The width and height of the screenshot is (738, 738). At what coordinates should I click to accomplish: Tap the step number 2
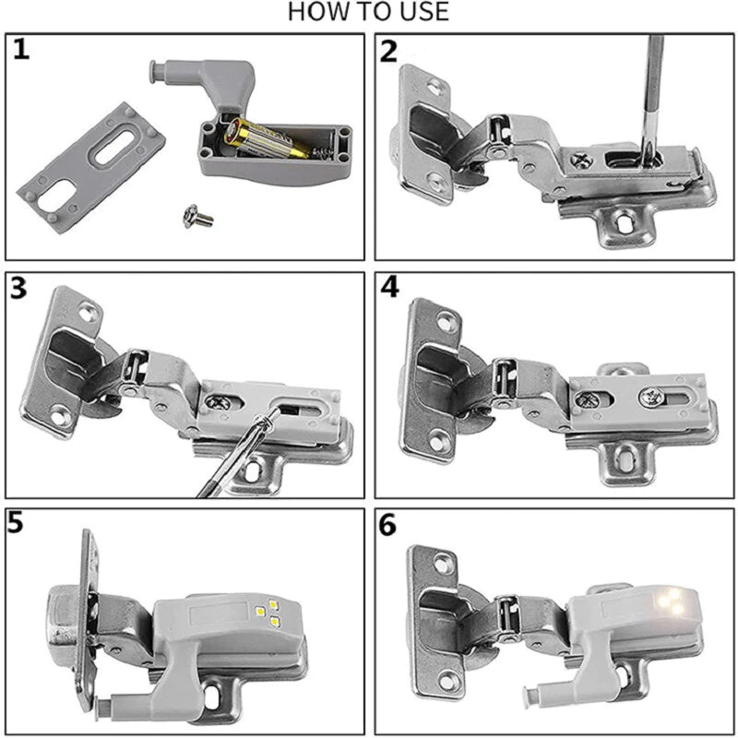(x=389, y=51)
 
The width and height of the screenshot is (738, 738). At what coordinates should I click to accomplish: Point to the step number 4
(x=389, y=288)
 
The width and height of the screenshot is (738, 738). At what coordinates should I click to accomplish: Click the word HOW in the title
(x=314, y=12)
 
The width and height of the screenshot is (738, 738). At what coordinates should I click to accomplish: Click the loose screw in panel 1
(x=198, y=216)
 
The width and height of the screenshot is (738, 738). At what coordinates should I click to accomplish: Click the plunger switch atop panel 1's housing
(x=161, y=68)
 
